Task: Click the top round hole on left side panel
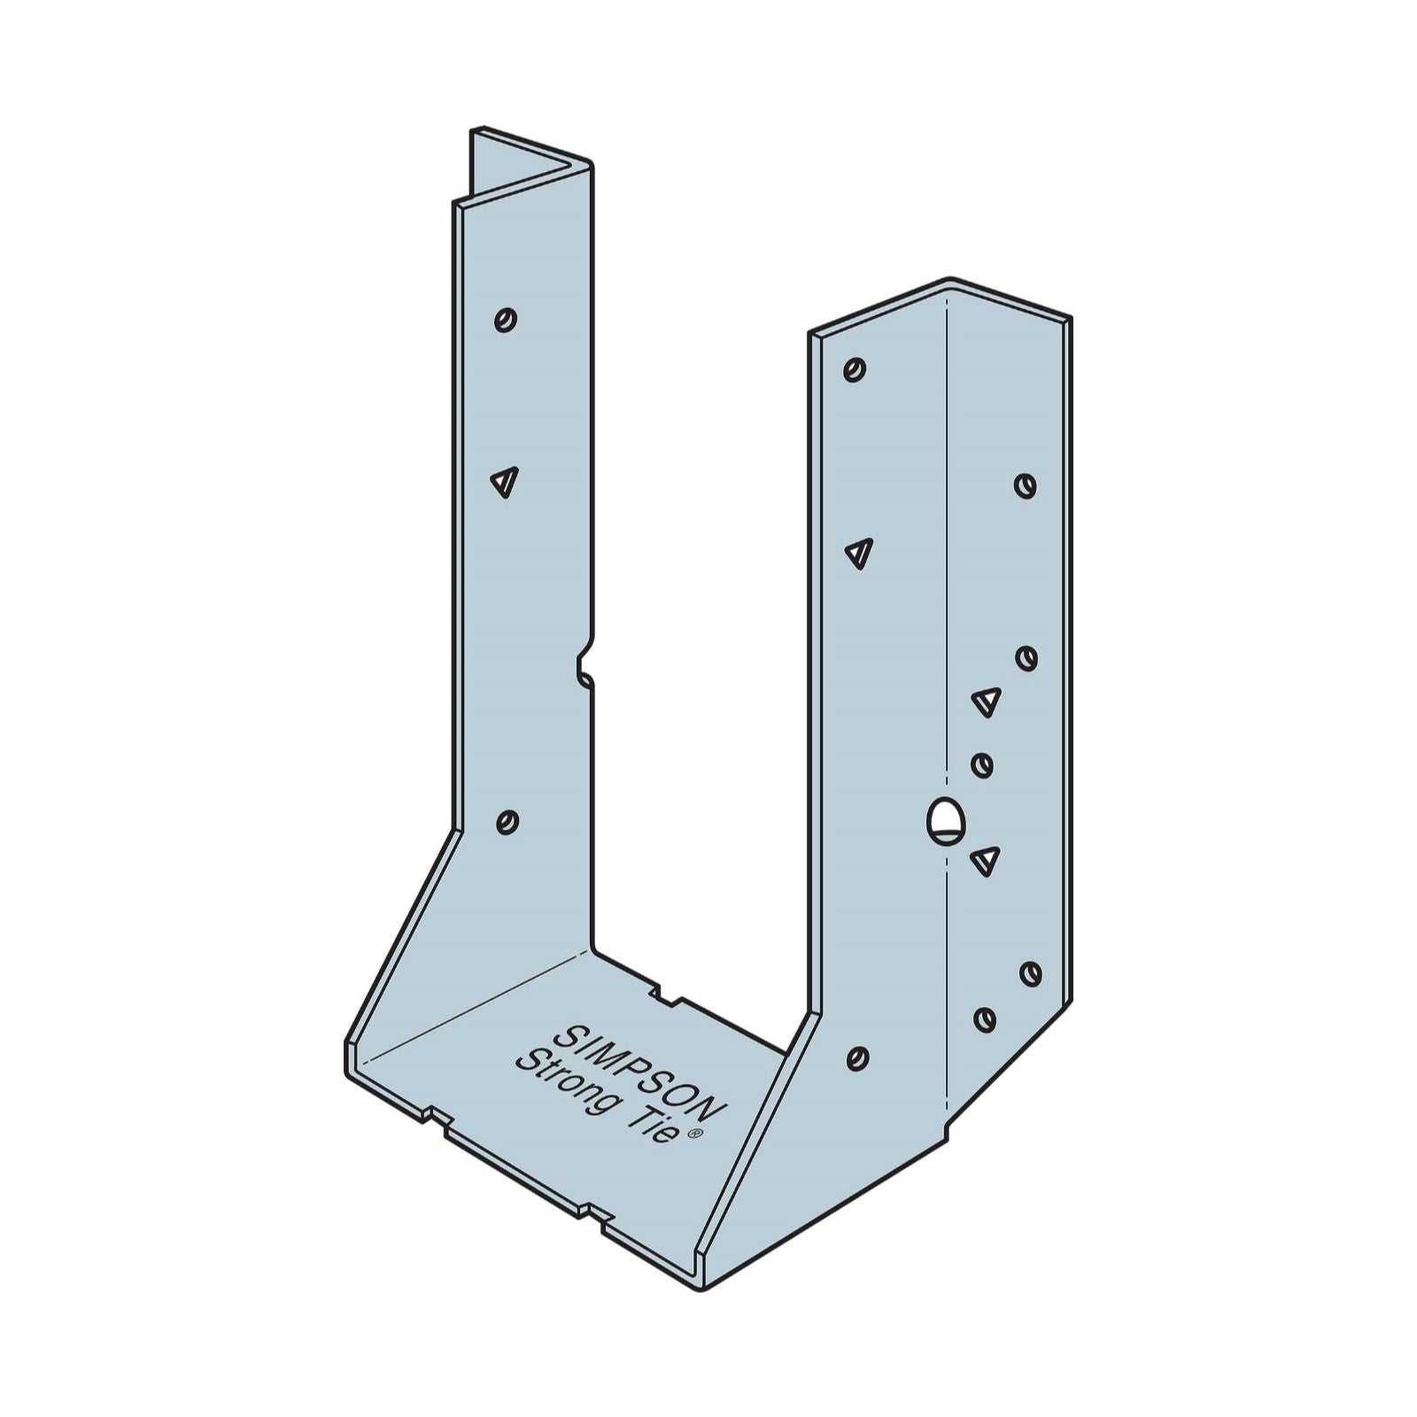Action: click(506, 319)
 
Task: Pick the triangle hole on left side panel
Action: click(503, 482)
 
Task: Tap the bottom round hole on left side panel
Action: click(507, 821)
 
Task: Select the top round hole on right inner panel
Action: click(855, 368)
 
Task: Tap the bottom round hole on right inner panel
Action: click(856, 1057)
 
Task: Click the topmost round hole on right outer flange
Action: click(1026, 485)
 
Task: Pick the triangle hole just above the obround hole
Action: click(986, 701)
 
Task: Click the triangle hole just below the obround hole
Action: click(986, 859)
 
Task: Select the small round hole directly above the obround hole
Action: click(982, 764)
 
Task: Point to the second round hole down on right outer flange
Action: click(1026, 658)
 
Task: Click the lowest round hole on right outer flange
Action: click(984, 1018)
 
